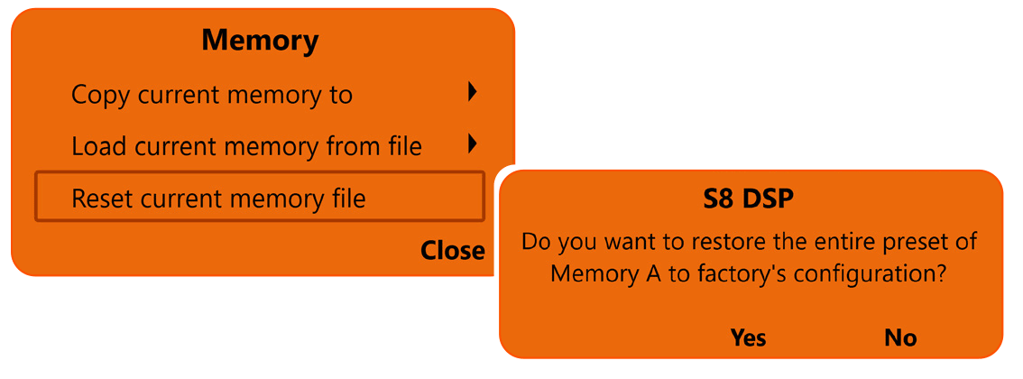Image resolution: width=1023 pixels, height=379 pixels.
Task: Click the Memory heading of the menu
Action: tap(260, 41)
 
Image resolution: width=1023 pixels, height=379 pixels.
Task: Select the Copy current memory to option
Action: tap(212, 94)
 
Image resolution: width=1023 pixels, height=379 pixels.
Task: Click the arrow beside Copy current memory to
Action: tap(472, 92)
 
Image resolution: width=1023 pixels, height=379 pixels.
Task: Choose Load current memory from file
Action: tap(246, 145)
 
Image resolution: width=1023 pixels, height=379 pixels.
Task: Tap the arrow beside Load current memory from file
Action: tap(472, 143)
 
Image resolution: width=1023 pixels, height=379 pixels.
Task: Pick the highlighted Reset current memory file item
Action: tap(218, 198)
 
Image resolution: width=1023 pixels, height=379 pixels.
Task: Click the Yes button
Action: tap(748, 337)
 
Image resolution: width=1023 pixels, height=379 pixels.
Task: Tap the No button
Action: tap(900, 337)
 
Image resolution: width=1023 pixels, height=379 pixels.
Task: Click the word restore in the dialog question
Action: tap(700, 243)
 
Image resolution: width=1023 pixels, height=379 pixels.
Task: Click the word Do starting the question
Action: tap(538, 243)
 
